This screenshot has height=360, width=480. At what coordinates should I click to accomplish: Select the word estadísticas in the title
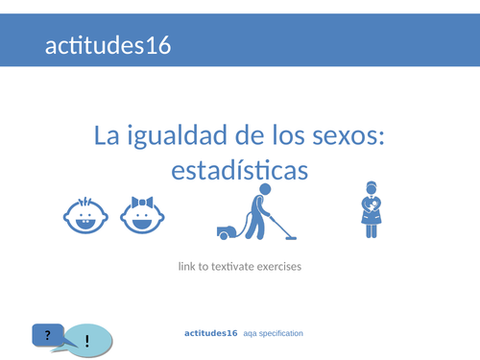point(240,170)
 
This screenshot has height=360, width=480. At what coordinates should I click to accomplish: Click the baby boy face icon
point(84,217)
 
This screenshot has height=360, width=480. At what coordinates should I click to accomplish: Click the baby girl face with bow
point(141,217)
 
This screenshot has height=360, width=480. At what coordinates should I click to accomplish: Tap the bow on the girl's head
point(142,203)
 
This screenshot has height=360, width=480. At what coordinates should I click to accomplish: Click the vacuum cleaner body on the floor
point(229,231)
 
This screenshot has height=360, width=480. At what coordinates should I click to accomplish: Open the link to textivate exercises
point(240,265)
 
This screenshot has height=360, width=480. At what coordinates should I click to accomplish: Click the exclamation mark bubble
point(88,341)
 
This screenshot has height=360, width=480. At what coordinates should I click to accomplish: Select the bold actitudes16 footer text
point(210,332)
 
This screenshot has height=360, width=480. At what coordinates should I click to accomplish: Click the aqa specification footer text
point(274,333)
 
